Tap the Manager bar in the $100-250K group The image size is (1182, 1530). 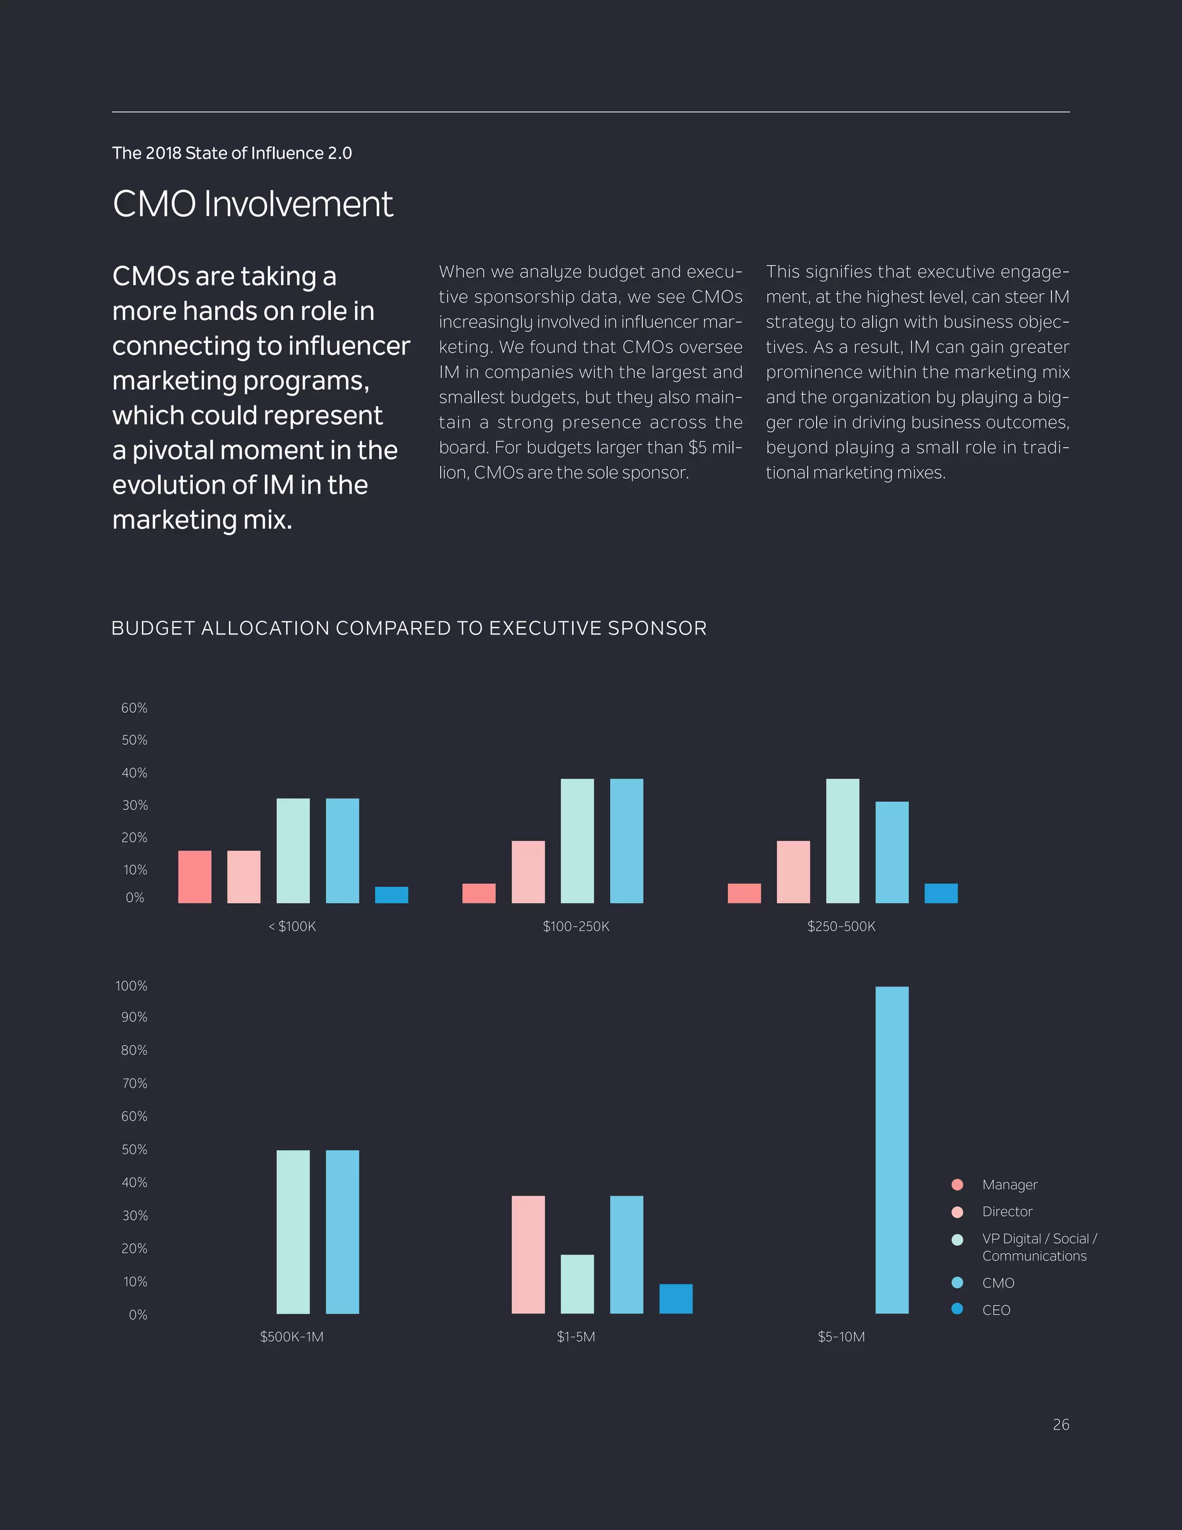[479, 893]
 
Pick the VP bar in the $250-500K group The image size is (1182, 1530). [843, 841]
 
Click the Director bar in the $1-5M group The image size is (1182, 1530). [528, 1254]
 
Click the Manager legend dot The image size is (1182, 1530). [957, 1185]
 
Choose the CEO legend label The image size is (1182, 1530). [996, 1310]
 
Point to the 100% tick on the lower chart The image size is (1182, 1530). [132, 986]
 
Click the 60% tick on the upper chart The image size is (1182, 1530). [134, 708]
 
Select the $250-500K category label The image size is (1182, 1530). [841, 926]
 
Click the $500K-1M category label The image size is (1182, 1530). [291, 1337]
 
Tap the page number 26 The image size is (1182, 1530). [1060, 1424]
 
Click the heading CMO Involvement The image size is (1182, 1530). [253, 204]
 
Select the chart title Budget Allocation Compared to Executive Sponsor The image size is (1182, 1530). [409, 628]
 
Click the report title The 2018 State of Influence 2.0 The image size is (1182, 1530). [232, 153]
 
